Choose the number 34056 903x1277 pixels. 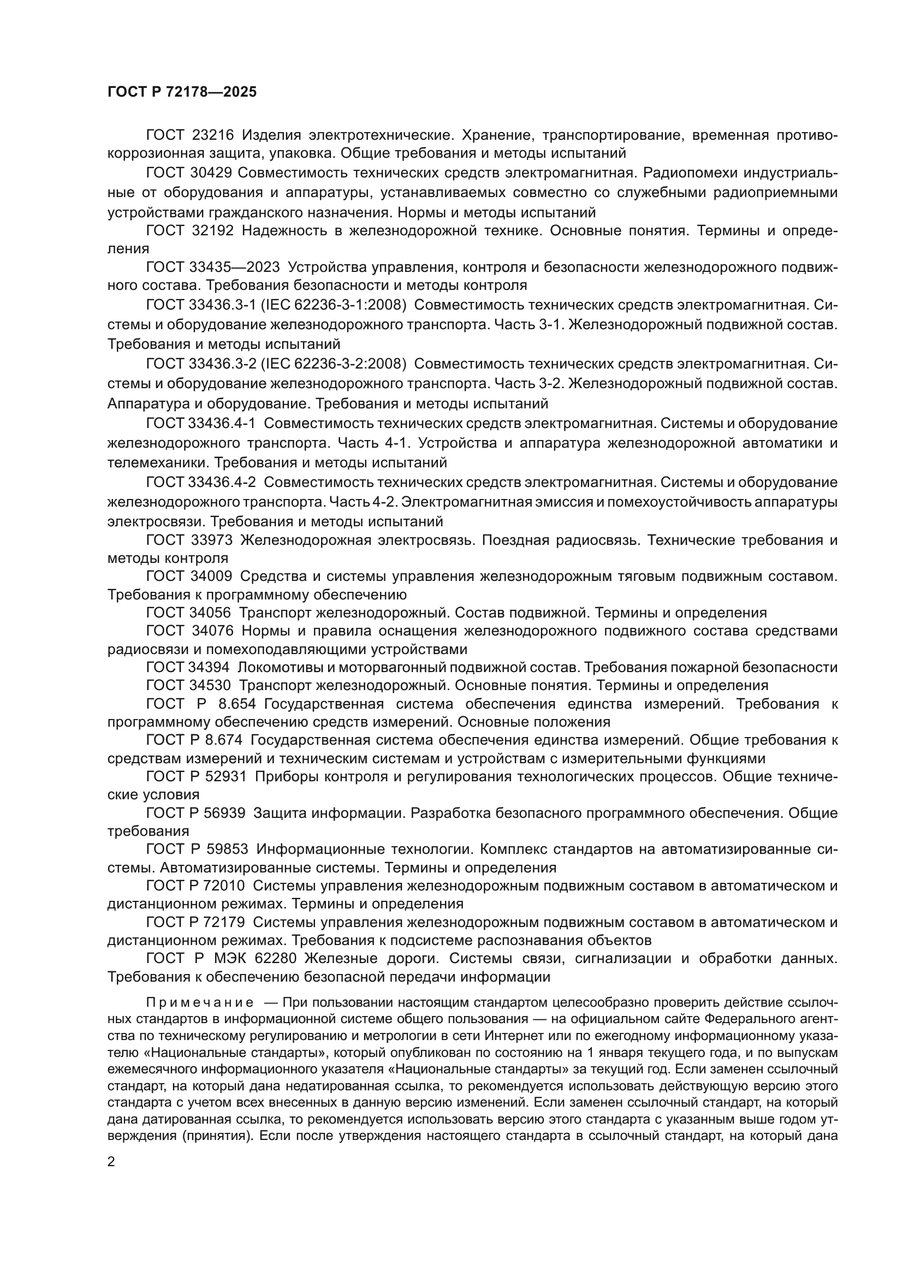coord(211,613)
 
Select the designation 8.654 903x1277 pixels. coord(237,704)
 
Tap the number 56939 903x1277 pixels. coord(224,813)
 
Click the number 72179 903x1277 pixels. coord(224,922)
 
